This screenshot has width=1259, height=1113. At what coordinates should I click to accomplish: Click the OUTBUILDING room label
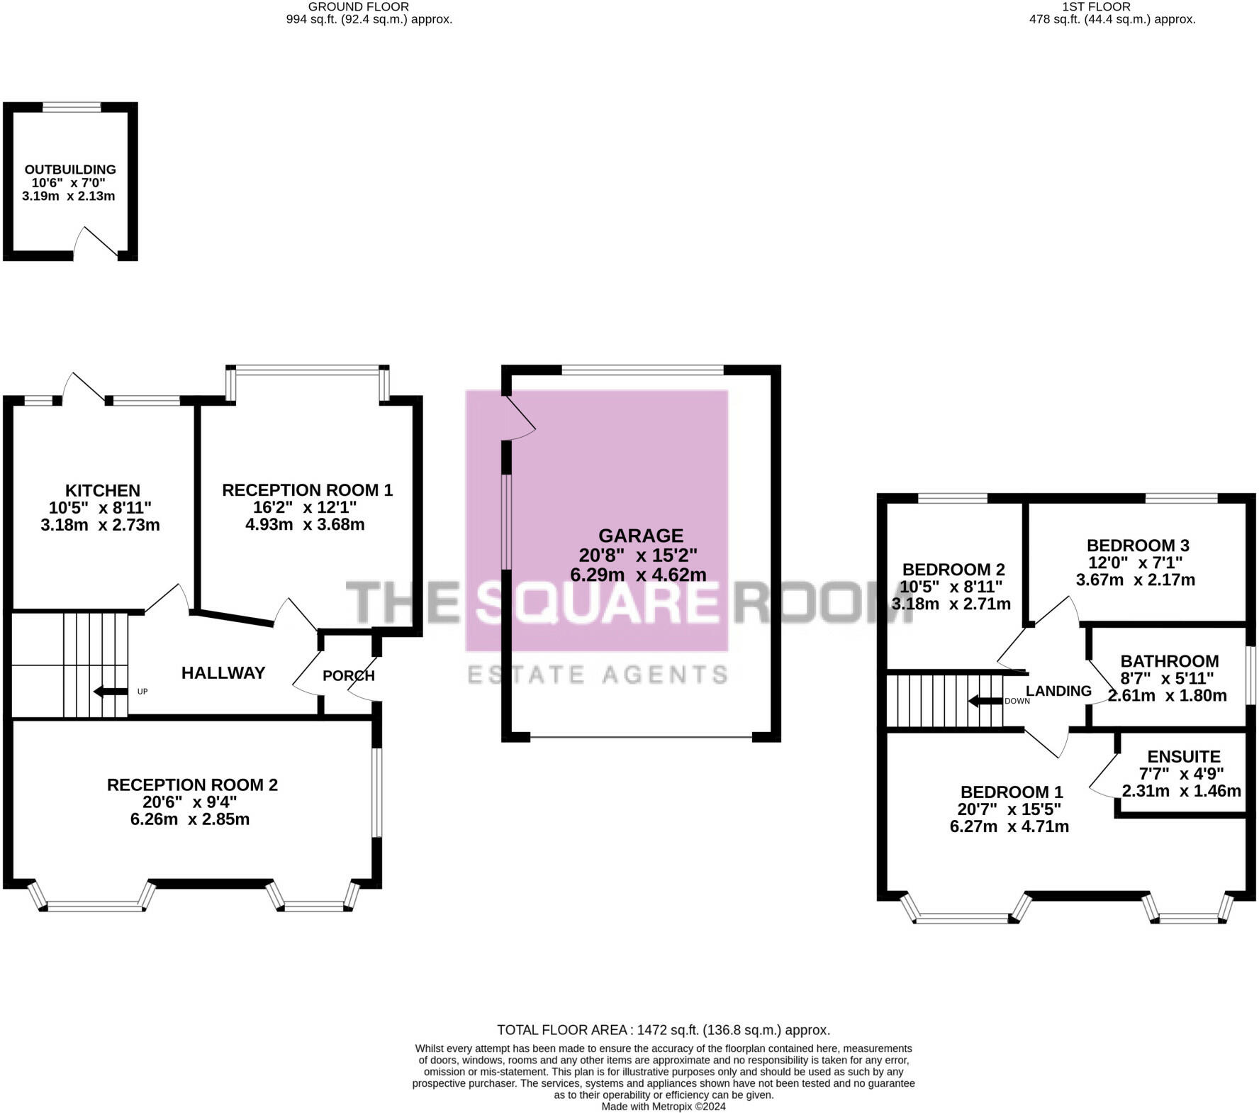70,170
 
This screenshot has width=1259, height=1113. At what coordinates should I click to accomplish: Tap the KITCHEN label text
103,490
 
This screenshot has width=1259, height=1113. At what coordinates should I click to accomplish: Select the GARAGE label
641,536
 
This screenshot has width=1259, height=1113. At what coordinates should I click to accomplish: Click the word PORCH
348,676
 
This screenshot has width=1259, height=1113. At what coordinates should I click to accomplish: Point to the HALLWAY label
223,673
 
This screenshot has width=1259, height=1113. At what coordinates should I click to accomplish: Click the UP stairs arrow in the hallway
109,692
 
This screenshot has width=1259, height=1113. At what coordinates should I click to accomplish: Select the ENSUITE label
1184,757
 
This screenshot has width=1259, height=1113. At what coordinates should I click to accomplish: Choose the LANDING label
1058,691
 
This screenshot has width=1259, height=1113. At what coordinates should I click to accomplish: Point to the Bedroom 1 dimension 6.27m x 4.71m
1009,826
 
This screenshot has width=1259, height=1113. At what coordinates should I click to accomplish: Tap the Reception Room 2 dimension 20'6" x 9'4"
191,802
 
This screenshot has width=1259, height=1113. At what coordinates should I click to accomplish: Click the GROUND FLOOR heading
359,6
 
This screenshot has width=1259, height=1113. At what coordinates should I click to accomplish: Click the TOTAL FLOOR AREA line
664,1030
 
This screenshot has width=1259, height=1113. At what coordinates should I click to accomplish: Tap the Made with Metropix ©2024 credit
664,1107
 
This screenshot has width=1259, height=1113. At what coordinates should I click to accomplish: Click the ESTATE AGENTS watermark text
598,675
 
